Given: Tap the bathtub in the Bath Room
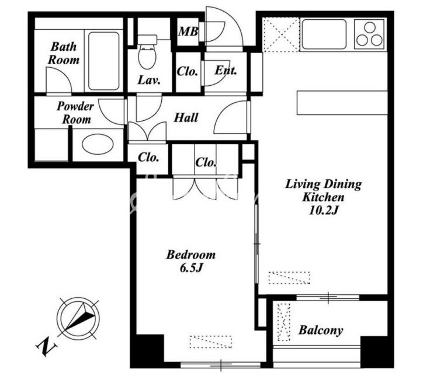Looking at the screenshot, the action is click(104, 61).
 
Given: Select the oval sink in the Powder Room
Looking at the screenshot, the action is click(98, 144).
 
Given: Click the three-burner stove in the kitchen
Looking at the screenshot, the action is click(369, 34).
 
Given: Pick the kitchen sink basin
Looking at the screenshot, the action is click(324, 34).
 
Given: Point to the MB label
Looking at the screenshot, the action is click(188, 32).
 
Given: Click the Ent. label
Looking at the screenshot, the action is click(226, 71).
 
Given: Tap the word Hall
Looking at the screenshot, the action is click(186, 117).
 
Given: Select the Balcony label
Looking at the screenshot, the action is click(321, 330).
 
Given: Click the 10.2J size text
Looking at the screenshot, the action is click(323, 211).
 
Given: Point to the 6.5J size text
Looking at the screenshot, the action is click(190, 268).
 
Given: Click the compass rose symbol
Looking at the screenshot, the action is click(78, 318).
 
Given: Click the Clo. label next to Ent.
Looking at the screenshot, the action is click(187, 71).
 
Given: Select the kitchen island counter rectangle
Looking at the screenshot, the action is click(342, 103).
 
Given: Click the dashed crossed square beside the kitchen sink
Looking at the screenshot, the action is click(282, 34).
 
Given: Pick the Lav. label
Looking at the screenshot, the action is click(149, 80).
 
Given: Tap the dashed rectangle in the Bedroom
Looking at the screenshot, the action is click(211, 342).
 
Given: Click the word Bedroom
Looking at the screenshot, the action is click(190, 255).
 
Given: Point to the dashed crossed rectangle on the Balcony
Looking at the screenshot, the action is click(284, 322).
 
